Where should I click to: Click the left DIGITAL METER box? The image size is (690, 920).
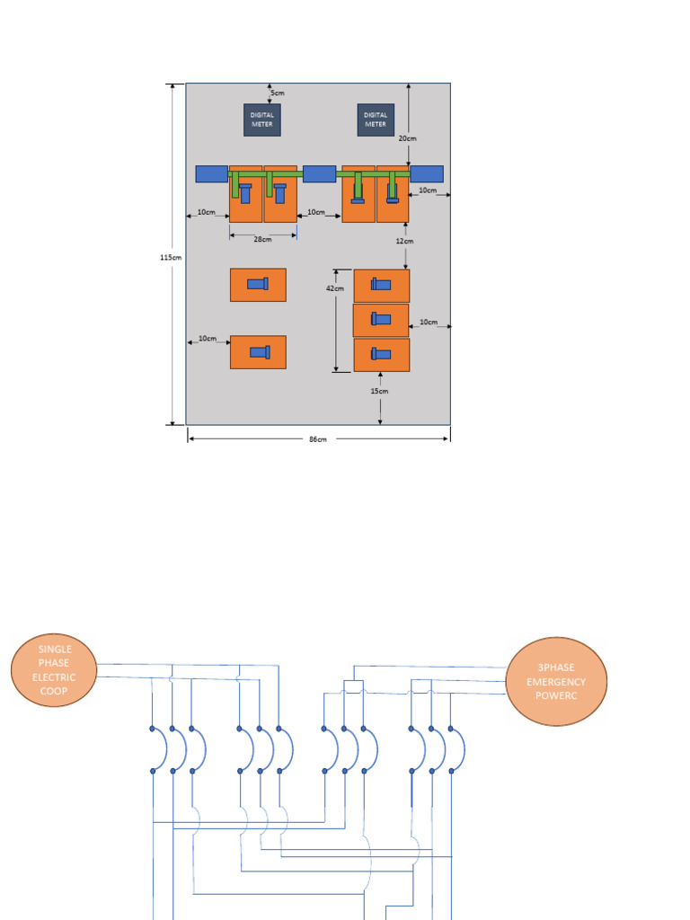pos(261,119)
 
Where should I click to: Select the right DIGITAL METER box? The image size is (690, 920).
pos(376,119)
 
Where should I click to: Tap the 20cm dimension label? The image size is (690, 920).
pos(407,138)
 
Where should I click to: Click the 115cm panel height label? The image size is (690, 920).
pos(171,257)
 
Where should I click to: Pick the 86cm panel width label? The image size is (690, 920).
pos(318,439)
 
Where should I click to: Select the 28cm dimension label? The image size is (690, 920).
pos(262,240)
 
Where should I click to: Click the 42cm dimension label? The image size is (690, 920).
pos(334,288)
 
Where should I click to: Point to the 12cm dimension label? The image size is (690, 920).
pos(404,241)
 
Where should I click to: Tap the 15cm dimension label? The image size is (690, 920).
pos(380,391)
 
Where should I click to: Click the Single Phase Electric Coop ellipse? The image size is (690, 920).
pos(54,669)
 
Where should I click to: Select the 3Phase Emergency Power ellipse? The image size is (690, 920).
pos(557,681)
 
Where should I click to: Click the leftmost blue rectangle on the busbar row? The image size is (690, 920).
pos(211,173)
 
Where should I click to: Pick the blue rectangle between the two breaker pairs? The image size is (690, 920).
pos(319,173)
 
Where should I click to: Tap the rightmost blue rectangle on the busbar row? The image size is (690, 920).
pos(427,173)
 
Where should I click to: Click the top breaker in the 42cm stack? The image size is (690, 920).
pos(381,286)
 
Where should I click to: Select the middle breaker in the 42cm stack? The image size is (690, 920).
pos(381,320)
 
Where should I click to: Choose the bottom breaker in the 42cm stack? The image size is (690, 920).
pos(381,355)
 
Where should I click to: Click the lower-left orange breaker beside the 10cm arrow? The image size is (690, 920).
pos(258,352)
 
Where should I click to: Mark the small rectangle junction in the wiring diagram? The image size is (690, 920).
pos(353,687)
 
